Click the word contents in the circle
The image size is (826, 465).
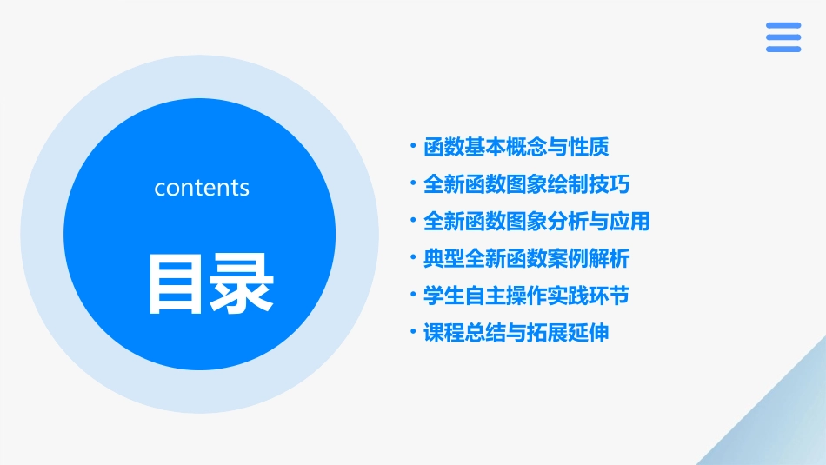tap(202, 188)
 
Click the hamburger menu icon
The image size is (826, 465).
tap(783, 37)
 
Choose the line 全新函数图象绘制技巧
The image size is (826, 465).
tap(526, 184)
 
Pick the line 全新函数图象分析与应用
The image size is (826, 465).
tap(536, 222)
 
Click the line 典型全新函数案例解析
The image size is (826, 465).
tap(526, 259)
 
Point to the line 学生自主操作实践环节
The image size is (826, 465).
tap(526, 296)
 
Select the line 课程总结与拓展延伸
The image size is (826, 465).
tap(516, 334)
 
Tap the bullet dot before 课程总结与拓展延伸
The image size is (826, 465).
tap(412, 333)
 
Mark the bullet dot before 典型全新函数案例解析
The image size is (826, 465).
tap(412, 258)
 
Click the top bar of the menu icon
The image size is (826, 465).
tap(783, 25)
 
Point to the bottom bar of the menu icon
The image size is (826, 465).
tap(783, 50)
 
